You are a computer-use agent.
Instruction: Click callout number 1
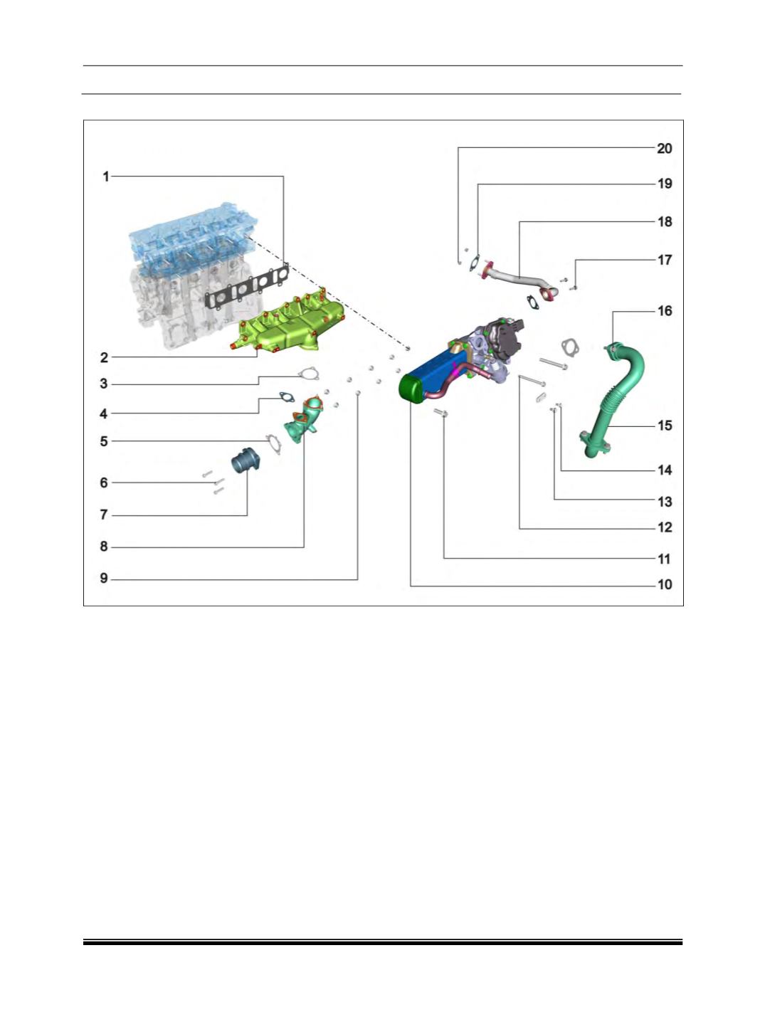click(105, 176)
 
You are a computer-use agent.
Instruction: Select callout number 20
click(664, 149)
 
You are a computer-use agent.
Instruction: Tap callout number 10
click(664, 584)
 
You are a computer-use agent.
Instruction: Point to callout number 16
click(664, 311)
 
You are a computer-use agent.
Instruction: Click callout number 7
click(104, 515)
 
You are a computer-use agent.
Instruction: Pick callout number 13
click(664, 502)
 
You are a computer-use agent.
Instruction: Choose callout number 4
click(104, 414)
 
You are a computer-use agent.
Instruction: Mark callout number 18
click(664, 222)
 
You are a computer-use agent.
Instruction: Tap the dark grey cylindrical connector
click(246, 460)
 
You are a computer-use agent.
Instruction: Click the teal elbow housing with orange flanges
click(304, 420)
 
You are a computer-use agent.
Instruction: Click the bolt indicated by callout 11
click(440, 413)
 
